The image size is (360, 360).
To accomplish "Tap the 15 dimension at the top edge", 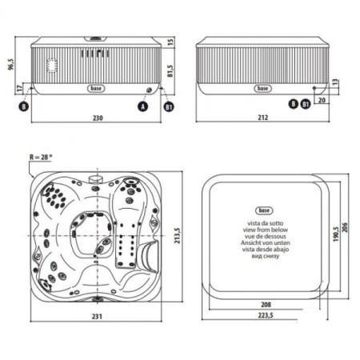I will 171,40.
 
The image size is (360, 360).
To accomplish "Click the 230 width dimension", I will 98,117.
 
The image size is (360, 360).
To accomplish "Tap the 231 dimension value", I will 98,318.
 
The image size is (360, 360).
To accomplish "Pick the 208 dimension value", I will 263,306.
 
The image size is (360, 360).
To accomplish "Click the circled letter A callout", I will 143,105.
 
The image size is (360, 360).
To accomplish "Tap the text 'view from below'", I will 263,228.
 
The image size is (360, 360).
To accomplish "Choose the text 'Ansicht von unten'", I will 263,242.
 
